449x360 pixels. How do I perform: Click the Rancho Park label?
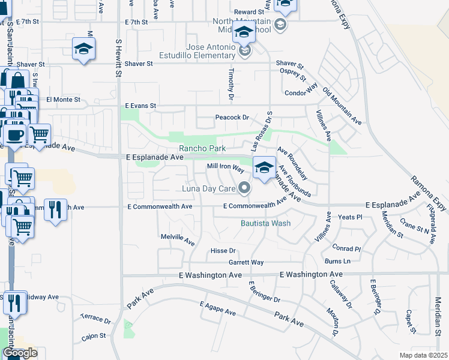pyautogui.click(x=202, y=148)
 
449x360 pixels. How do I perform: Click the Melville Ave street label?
pyautogui.click(x=178, y=240)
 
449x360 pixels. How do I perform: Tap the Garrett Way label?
pyautogui.click(x=246, y=262)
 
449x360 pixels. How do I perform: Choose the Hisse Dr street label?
pyautogui.click(x=223, y=251)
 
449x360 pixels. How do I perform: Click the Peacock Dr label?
pyautogui.click(x=232, y=118)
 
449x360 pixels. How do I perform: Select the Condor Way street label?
pyautogui.click(x=301, y=93)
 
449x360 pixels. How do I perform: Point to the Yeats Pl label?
pyautogui.click(x=351, y=217)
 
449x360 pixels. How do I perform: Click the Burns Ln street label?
pyautogui.click(x=337, y=261)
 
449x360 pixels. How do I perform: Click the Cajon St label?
pyautogui.click(x=94, y=336)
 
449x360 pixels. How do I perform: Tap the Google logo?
pyautogui.click(x=20, y=353)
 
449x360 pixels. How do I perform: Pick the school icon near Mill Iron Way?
pyautogui.click(x=264, y=167)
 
